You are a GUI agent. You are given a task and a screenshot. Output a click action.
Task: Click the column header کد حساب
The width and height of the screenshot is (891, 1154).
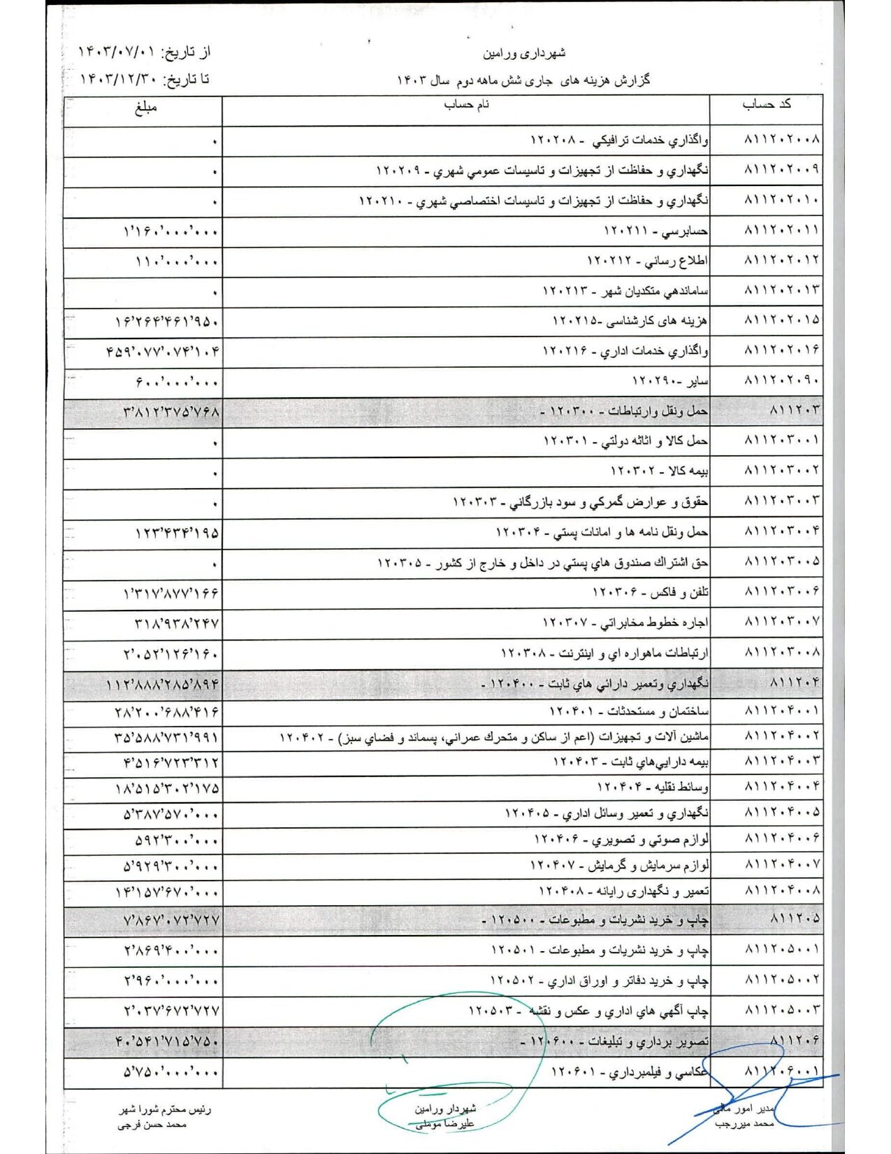click(766, 104)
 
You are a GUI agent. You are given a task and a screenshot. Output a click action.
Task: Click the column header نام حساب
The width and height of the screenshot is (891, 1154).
click(467, 105)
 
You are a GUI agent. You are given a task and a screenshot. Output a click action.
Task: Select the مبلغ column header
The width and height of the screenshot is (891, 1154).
click(146, 107)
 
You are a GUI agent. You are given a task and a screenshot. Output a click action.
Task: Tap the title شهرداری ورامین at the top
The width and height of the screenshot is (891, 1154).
click(524, 53)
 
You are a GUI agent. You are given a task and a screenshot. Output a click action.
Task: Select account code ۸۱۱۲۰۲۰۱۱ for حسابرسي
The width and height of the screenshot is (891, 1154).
click(781, 230)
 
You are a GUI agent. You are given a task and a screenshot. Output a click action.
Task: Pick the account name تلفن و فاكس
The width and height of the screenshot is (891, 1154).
click(651, 592)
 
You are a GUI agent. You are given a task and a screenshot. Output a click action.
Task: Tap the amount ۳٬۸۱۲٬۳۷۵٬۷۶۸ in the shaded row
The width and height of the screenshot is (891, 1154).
click(171, 412)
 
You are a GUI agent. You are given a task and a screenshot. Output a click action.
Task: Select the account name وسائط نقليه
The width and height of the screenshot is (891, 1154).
click(653, 788)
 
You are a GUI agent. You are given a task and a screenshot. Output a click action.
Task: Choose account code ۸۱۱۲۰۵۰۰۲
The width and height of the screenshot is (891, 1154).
click(781, 979)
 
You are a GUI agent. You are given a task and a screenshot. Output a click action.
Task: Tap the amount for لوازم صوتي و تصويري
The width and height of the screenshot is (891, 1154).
click(176, 840)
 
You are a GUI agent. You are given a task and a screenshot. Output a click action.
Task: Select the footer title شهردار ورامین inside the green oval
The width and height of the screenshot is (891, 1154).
click(445, 1109)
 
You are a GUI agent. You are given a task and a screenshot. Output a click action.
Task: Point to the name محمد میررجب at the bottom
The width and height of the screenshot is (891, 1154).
click(744, 1124)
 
